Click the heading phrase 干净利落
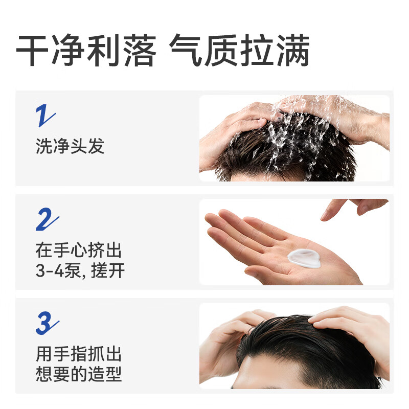coord(85,51)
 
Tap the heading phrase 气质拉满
coord(239,51)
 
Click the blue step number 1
coord(45,117)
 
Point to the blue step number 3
coord(47,323)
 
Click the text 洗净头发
coord(70,146)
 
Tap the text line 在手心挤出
coord(79,251)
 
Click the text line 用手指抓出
coord(79,354)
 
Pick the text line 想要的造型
coord(79,374)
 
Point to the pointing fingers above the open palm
coord(353,207)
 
